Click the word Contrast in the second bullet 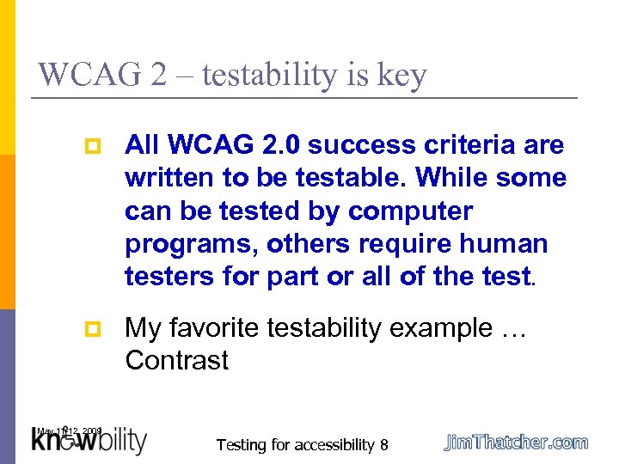click(x=176, y=360)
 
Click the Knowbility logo click(x=89, y=442)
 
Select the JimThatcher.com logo click(x=516, y=443)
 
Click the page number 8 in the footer click(x=383, y=445)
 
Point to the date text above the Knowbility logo click(x=69, y=430)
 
